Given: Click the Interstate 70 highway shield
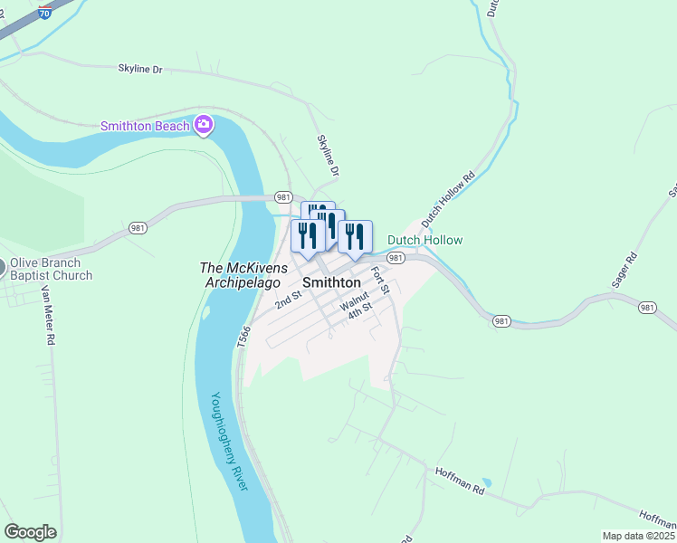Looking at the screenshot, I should coord(45,13).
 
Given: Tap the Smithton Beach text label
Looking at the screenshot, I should coord(145,127).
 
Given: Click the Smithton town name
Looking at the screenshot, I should coord(331,282).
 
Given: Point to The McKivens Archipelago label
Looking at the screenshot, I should coord(244,274).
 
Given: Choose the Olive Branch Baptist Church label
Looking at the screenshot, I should coord(51,270).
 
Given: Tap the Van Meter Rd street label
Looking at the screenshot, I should coord(48,315).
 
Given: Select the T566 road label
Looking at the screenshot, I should coord(243,337).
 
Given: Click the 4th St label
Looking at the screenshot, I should coord(360,310).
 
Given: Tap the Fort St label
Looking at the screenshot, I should coord(378,280).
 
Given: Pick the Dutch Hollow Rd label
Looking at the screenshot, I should coord(448,200).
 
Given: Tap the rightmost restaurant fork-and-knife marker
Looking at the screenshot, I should coord(355,237).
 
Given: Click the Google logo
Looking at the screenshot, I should coord(30,532).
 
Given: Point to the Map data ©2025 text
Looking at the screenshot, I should coord(638,536).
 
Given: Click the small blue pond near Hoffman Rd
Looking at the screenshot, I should coord(487,481).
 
